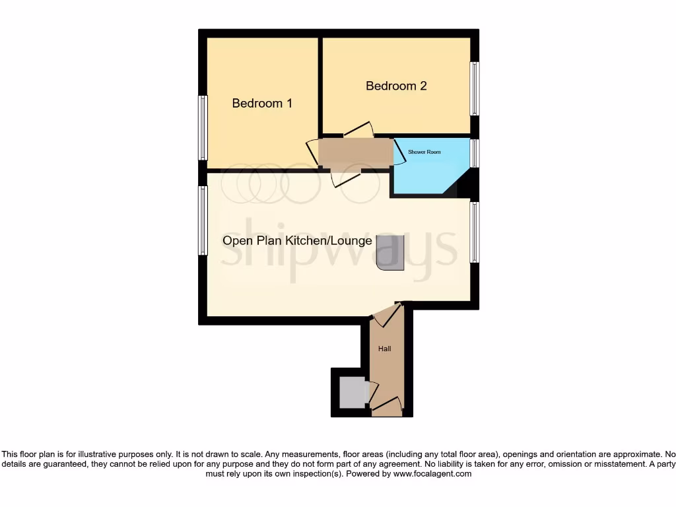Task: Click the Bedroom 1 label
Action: coord(262,104)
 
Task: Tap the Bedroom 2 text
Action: coord(396,86)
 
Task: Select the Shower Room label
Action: coord(424,152)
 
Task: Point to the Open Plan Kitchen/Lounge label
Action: coord(297,241)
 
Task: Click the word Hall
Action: coord(384,348)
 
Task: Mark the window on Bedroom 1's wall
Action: coord(203,127)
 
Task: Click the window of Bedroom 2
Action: coord(474,88)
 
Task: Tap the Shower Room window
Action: coord(474,153)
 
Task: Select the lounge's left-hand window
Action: coord(203,220)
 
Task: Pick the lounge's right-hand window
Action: coord(474,232)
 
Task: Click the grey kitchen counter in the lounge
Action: coord(391,253)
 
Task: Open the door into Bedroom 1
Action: coord(312,152)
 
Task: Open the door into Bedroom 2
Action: coord(358,131)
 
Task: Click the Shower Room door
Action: coord(400,151)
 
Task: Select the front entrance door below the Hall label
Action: coord(387,406)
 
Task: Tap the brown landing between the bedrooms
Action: coord(355,153)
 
